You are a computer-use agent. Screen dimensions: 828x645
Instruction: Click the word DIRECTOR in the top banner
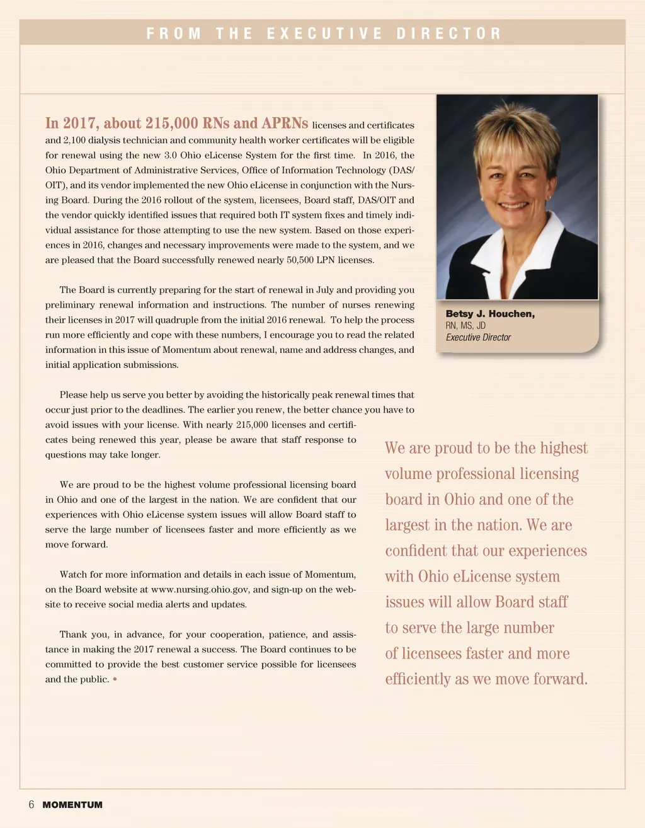click(x=448, y=33)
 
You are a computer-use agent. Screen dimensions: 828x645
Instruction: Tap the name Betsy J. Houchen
click(x=490, y=314)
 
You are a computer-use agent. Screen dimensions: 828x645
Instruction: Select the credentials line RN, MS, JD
click(x=465, y=326)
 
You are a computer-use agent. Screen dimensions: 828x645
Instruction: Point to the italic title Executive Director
click(x=478, y=337)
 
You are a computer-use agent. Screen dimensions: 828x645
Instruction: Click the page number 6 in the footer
click(x=31, y=805)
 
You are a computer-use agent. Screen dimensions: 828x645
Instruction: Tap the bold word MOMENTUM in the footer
click(x=72, y=805)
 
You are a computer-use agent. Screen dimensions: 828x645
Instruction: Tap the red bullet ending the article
click(x=115, y=680)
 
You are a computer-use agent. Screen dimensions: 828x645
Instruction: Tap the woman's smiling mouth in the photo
click(x=514, y=205)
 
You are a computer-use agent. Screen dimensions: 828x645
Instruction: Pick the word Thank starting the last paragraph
click(x=73, y=635)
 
